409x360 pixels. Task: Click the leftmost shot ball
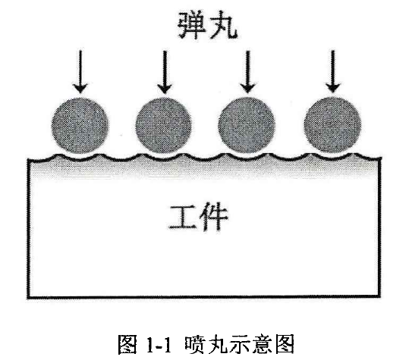coord(80,126)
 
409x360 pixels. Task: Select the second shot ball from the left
coord(164,126)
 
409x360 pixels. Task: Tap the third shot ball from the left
coord(247,125)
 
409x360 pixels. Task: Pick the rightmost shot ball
coord(332,125)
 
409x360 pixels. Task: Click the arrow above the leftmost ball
coord(80,72)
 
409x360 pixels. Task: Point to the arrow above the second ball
coord(165,72)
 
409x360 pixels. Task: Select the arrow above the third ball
coord(248,72)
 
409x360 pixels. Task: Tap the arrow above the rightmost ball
coord(333,71)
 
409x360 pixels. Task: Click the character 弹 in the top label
coord(191,25)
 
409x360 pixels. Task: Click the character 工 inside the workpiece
coord(182,218)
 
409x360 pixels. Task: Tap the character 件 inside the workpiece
coord(214,217)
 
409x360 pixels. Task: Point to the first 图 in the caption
coord(127,344)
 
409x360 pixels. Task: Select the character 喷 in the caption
coord(194,344)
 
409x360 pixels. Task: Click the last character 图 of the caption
coord(285,344)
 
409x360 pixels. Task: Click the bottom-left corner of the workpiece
coord(28,298)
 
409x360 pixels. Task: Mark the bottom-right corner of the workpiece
coord(380,296)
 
